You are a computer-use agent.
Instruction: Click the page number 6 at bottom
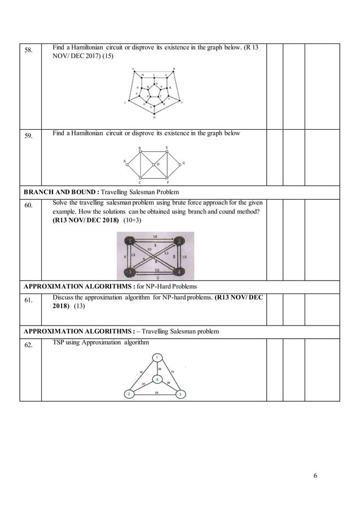315,475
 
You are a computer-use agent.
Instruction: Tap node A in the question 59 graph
127,164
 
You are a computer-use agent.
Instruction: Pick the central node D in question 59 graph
154,164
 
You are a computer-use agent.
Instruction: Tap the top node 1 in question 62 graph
157,357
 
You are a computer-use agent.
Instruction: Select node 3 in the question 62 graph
180,393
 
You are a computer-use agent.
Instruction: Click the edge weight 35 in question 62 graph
156,391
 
